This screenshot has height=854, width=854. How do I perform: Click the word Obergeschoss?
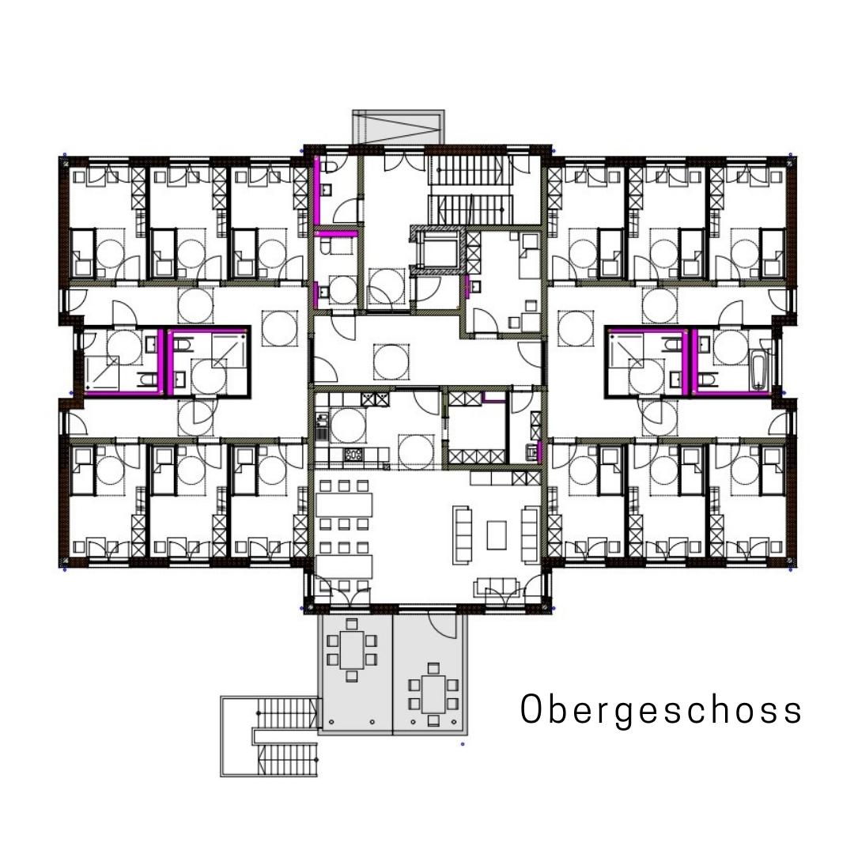(x=660, y=710)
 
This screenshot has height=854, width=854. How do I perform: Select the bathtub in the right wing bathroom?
(x=759, y=370)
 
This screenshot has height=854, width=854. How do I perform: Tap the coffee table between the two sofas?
(x=496, y=535)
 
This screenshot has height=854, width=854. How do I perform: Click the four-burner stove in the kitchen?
(x=353, y=454)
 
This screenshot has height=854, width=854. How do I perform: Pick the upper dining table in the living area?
(x=344, y=504)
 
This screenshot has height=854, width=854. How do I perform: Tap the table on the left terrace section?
(x=351, y=650)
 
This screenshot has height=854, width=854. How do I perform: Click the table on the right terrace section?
(x=433, y=694)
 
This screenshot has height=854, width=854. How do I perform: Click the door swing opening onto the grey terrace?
(x=442, y=625)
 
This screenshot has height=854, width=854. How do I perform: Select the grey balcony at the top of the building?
(x=398, y=127)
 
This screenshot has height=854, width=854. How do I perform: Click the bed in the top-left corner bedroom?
(x=83, y=253)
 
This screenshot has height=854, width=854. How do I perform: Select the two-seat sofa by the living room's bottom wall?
(x=497, y=587)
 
